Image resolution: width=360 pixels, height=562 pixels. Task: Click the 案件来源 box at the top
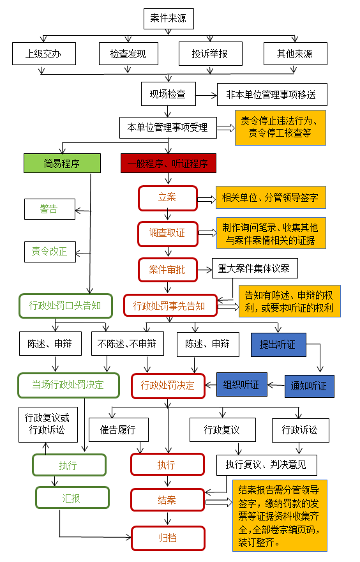pyautogui.click(x=169, y=19)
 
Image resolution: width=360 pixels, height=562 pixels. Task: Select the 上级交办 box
pyautogui.click(x=43, y=54)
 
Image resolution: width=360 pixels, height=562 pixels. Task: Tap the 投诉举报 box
pyautogui.click(x=210, y=54)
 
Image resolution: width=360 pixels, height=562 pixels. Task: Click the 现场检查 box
pyautogui.click(x=169, y=94)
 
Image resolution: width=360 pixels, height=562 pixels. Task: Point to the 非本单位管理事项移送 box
pyautogui.click(x=272, y=95)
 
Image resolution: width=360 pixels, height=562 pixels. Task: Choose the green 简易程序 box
pyautogui.click(x=62, y=163)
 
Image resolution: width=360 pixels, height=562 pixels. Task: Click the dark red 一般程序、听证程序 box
pyautogui.click(x=169, y=163)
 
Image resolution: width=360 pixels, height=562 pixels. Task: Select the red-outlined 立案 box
pyautogui.click(x=168, y=198)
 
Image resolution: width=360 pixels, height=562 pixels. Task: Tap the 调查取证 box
pyautogui.click(x=168, y=234)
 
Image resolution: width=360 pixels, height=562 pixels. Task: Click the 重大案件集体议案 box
pyautogui.click(x=255, y=268)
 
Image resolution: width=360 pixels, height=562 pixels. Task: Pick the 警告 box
pyautogui.click(x=49, y=209)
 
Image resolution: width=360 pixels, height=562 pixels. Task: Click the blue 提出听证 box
pyautogui.click(x=278, y=345)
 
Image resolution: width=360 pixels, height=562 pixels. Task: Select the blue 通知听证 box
pyautogui.click(x=309, y=386)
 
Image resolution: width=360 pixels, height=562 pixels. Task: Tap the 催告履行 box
pyautogui.click(x=118, y=430)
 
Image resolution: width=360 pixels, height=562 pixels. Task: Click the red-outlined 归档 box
pyautogui.click(x=168, y=538)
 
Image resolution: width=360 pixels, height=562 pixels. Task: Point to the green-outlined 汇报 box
pyautogui.click(x=72, y=497)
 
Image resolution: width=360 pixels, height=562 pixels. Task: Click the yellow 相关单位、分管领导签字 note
pyautogui.click(x=271, y=197)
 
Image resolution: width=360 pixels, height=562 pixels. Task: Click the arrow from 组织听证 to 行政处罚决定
pyautogui.click(x=211, y=386)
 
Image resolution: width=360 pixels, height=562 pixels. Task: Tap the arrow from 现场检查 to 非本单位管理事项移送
pyautogui.click(x=206, y=95)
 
